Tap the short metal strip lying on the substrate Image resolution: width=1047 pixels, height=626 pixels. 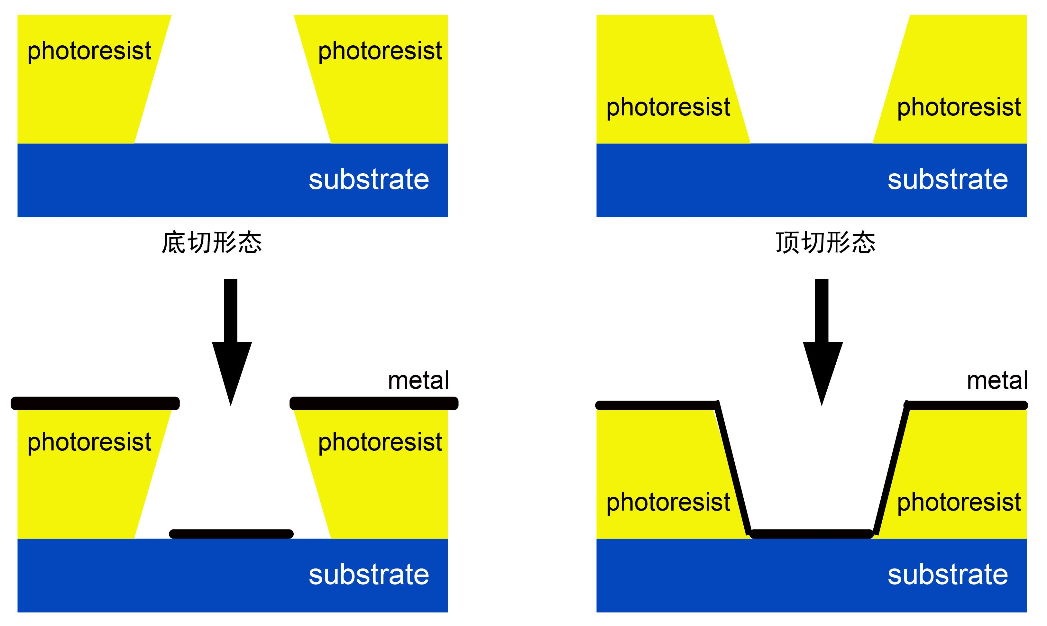click(231, 534)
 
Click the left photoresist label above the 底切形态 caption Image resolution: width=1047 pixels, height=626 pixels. click(89, 51)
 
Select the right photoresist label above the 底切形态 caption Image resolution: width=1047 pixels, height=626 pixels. click(380, 51)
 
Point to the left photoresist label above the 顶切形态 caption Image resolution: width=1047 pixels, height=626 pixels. click(668, 107)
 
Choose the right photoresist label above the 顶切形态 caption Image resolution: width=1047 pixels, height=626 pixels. click(959, 107)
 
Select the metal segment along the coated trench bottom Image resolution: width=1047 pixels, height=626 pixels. click(812, 534)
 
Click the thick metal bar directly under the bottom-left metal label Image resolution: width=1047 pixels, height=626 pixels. click(373, 403)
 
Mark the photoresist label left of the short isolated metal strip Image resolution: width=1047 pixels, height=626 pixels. click(89, 442)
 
